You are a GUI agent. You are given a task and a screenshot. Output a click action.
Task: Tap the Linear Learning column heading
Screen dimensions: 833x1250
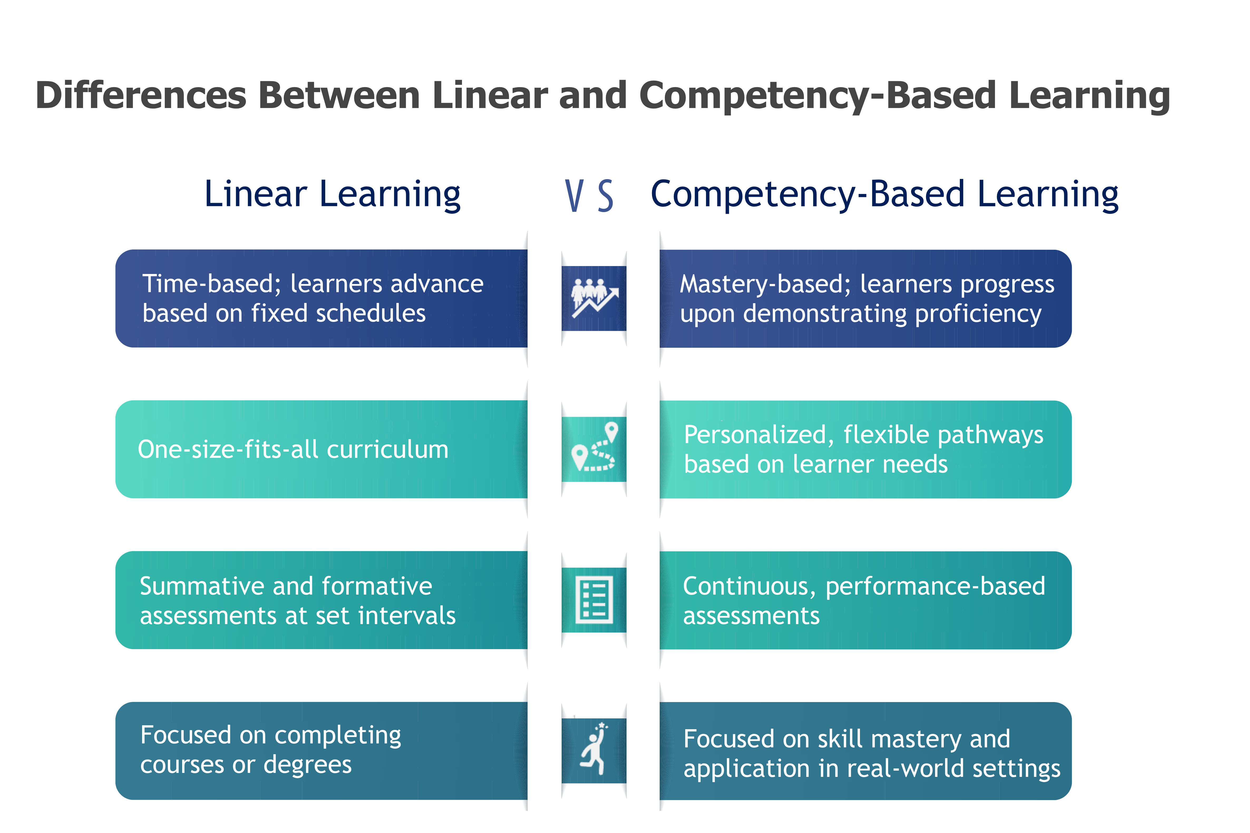[x=333, y=194]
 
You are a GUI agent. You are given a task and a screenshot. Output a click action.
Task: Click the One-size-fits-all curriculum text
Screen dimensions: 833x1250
[x=293, y=449]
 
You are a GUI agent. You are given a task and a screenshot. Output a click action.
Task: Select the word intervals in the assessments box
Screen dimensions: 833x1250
[x=407, y=616]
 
